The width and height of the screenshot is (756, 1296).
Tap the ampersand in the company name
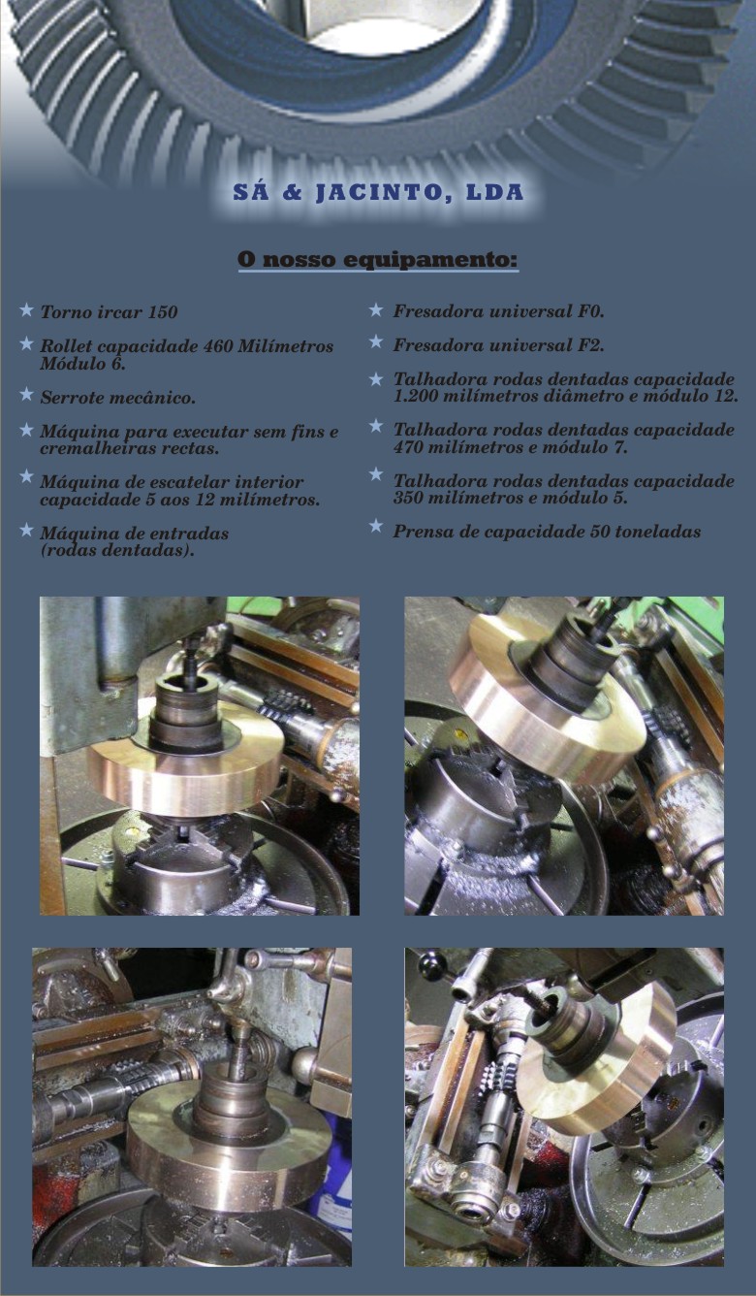click(x=293, y=193)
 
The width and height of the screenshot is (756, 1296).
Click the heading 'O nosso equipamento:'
click(x=378, y=259)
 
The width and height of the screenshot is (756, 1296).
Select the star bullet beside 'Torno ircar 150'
click(x=26, y=309)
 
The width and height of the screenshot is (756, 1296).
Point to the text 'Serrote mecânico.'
click(x=118, y=398)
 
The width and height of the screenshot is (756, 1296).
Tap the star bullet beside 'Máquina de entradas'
click(x=26, y=530)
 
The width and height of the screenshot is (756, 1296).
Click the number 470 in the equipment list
click(x=408, y=447)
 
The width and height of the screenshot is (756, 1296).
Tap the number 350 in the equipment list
click(x=408, y=498)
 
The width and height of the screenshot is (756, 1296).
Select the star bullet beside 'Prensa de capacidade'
click(x=376, y=526)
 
